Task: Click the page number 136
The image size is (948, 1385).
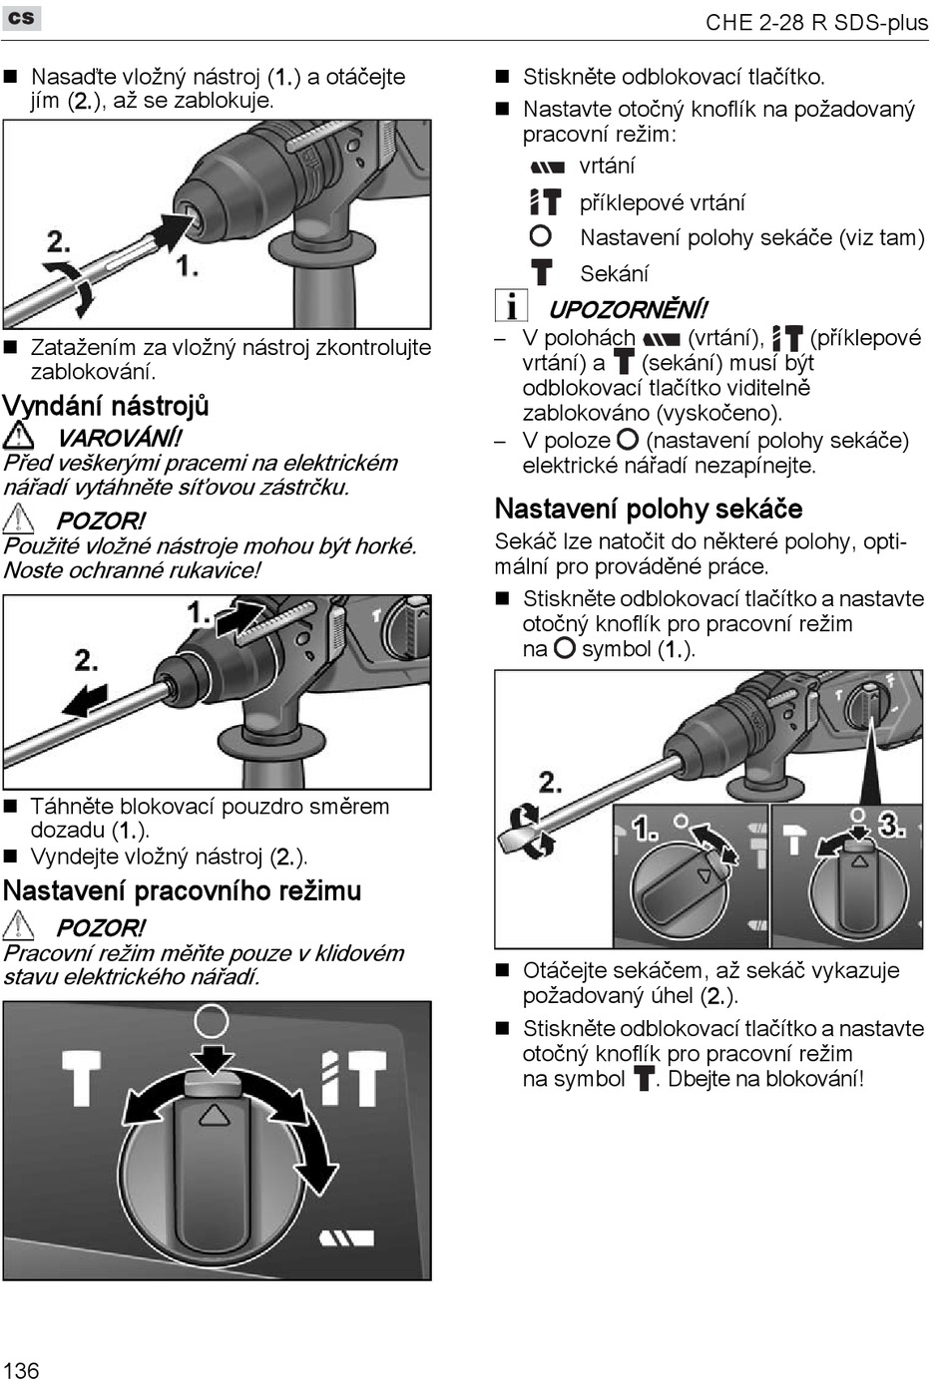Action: [x=21, y=1369]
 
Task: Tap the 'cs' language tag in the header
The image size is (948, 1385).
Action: [x=21, y=18]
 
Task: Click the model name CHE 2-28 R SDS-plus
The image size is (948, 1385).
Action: [x=816, y=22]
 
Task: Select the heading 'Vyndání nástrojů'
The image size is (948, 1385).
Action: [x=106, y=406]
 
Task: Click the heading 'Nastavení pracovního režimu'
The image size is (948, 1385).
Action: [x=182, y=890]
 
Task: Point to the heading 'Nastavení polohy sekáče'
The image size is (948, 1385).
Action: [x=649, y=509]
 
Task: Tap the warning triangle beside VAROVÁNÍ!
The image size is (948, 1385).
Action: [x=18, y=436]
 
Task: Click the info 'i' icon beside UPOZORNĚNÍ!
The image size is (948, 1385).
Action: [x=510, y=306]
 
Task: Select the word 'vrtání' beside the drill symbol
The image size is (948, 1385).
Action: [x=607, y=166]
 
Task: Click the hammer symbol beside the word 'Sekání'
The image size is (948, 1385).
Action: [x=541, y=272]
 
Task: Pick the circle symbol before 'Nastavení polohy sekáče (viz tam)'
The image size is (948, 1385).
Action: [x=540, y=236]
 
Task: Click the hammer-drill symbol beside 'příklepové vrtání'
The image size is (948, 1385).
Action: [x=545, y=202]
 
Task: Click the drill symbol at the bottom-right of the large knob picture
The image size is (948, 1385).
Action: [x=346, y=1238]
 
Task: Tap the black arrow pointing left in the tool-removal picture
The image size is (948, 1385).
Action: [x=84, y=700]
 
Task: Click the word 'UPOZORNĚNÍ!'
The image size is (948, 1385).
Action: [x=628, y=309]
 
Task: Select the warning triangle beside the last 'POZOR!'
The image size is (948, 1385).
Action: [x=18, y=926]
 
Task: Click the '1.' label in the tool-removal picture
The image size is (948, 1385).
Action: [x=200, y=611]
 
